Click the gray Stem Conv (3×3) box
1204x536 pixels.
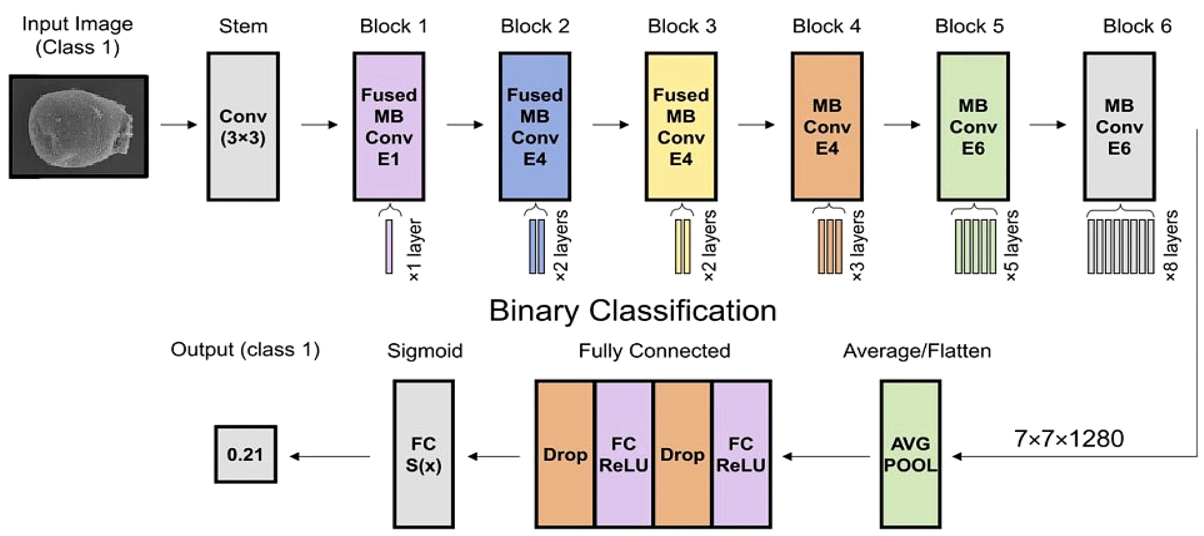click(243, 126)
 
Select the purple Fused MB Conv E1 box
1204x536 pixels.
click(388, 126)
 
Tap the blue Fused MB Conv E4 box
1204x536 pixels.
click(535, 126)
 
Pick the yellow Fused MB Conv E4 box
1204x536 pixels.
click(681, 126)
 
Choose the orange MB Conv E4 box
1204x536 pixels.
click(827, 126)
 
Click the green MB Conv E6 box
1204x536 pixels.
click(973, 126)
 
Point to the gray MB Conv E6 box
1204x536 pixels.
click(1119, 126)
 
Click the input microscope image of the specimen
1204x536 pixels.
click(79, 126)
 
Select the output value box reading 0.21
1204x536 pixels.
click(245, 454)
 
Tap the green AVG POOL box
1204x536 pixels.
click(910, 454)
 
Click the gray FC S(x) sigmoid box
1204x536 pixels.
click(424, 454)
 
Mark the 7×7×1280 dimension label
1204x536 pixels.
click(1069, 439)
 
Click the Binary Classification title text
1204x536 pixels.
click(633, 311)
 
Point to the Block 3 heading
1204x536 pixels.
click(682, 26)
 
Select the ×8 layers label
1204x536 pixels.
click(1171, 245)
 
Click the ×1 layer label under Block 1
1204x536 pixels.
click(415, 250)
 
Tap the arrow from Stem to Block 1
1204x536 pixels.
click(319, 125)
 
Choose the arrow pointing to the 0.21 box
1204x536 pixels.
click(330, 456)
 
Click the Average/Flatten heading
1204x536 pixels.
click(917, 351)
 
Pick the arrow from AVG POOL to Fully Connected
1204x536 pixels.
click(826, 456)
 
